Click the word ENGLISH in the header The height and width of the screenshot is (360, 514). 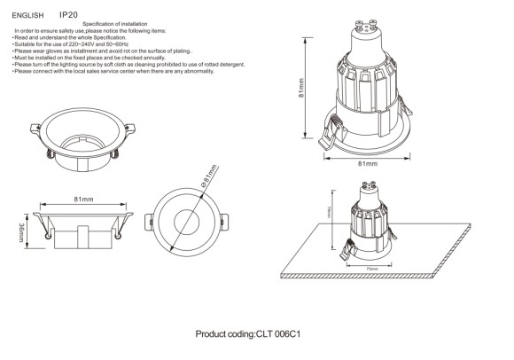(27, 15)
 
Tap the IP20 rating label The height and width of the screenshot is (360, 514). (70, 15)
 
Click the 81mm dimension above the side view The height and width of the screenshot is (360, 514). (83, 200)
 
